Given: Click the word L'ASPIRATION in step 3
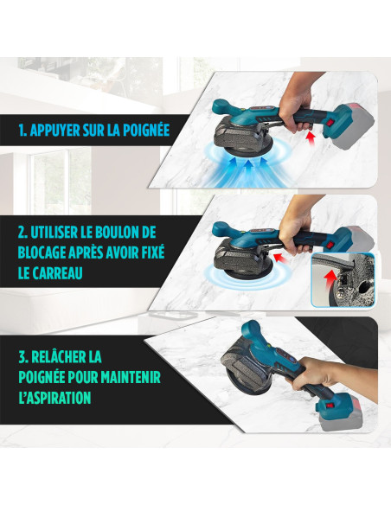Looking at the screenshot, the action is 55,398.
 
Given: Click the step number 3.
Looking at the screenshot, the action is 22,357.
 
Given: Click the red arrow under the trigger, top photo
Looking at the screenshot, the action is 311,137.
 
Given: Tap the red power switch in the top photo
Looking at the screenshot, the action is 330,124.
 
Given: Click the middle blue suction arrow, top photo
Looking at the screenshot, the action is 247,169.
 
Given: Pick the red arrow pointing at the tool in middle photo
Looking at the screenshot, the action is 280,257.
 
